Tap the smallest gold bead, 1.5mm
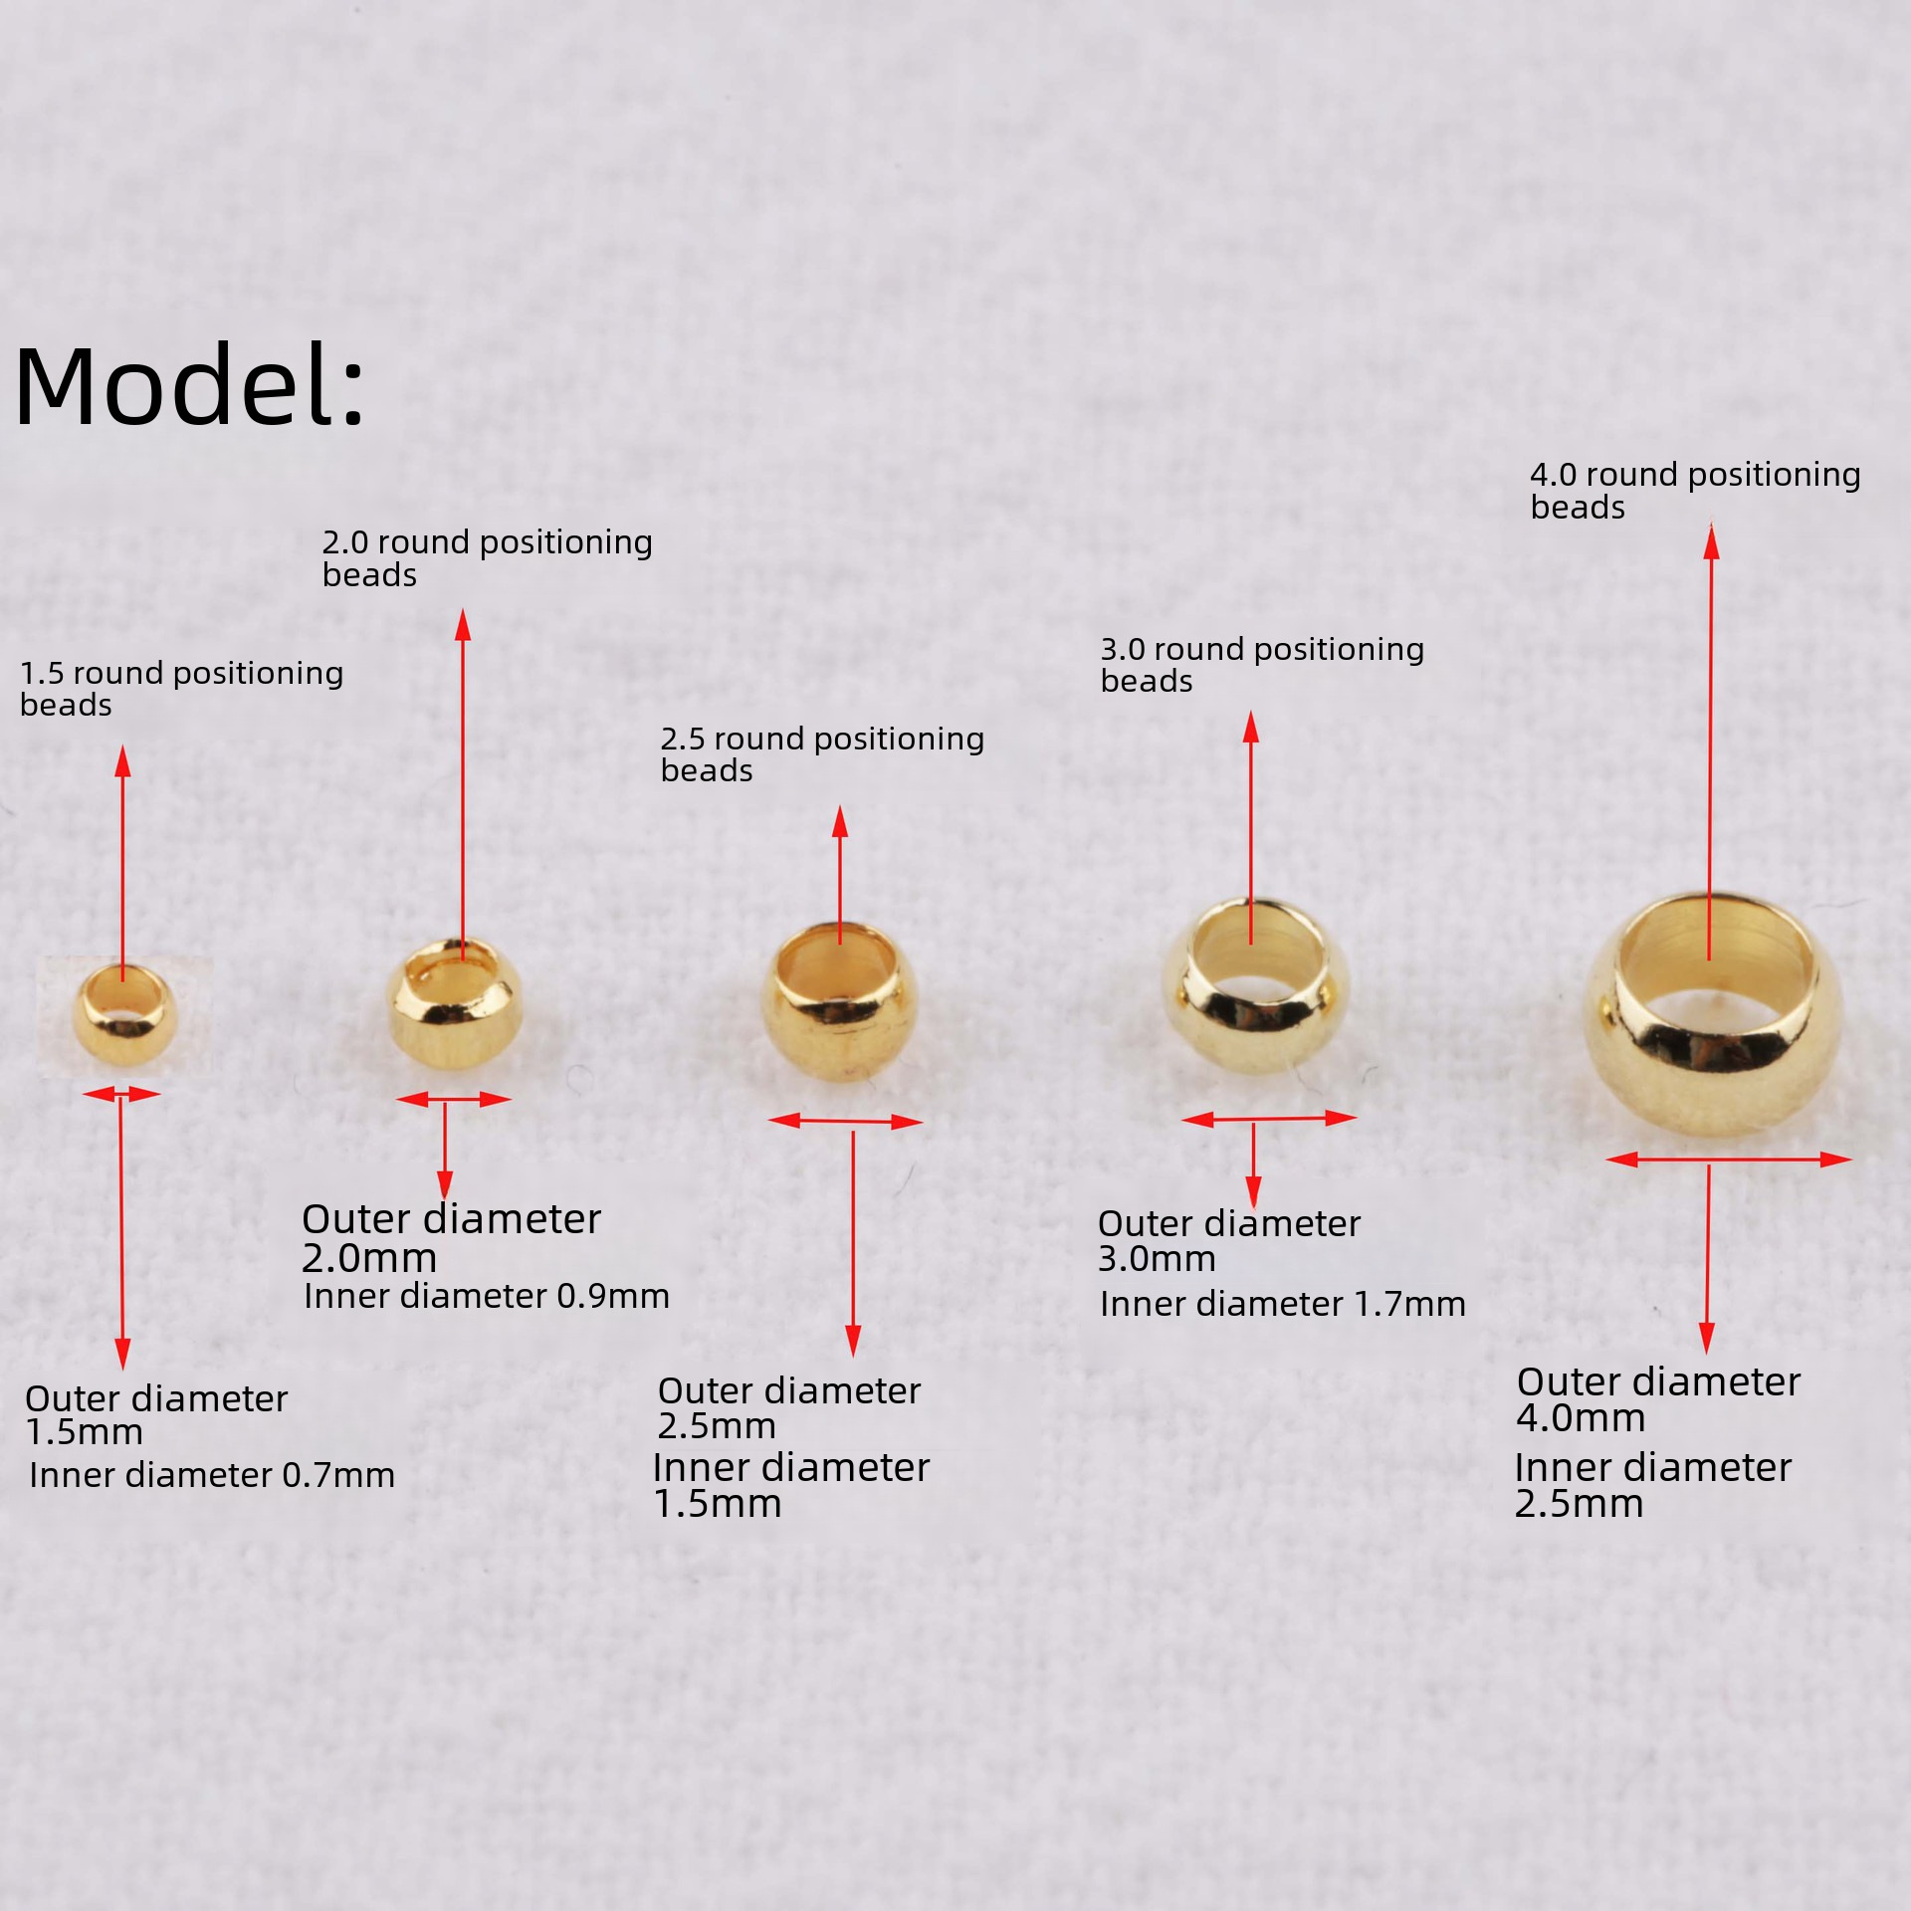(124, 1015)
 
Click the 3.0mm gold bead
(1255, 985)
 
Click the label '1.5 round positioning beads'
(181, 688)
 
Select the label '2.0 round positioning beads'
(487, 557)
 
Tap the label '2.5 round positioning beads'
(822, 753)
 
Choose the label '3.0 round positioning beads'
(1261, 664)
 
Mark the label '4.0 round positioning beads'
(1695, 490)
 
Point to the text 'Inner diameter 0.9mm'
(486, 1296)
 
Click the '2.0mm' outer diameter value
(369, 1258)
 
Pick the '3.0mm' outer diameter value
(1157, 1259)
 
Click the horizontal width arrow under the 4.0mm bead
(1728, 1159)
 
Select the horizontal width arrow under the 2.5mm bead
(845, 1122)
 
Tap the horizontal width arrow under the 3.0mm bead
(1268, 1119)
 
